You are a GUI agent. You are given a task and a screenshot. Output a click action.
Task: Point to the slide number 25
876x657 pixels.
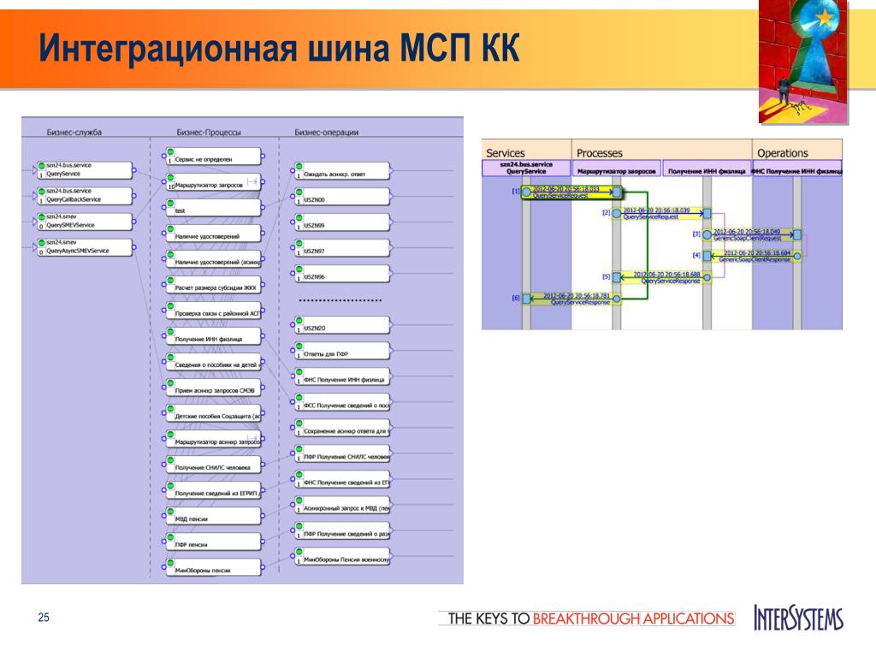pos(44,618)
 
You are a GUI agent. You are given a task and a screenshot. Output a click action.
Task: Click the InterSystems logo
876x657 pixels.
pos(798,618)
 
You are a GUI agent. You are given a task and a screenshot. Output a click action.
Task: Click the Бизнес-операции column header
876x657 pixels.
pos(326,133)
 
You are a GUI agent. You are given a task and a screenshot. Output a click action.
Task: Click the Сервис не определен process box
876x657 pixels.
pos(213,157)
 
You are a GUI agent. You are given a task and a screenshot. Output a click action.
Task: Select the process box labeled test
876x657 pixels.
pos(213,208)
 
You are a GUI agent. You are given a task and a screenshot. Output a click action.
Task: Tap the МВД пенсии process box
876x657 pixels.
pos(213,516)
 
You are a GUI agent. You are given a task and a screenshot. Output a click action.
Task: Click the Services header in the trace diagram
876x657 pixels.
pos(506,153)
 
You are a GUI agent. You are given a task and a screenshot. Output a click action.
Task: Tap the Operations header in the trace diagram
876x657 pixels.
pos(782,153)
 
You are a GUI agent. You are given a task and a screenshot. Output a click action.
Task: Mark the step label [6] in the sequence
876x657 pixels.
pos(515,298)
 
